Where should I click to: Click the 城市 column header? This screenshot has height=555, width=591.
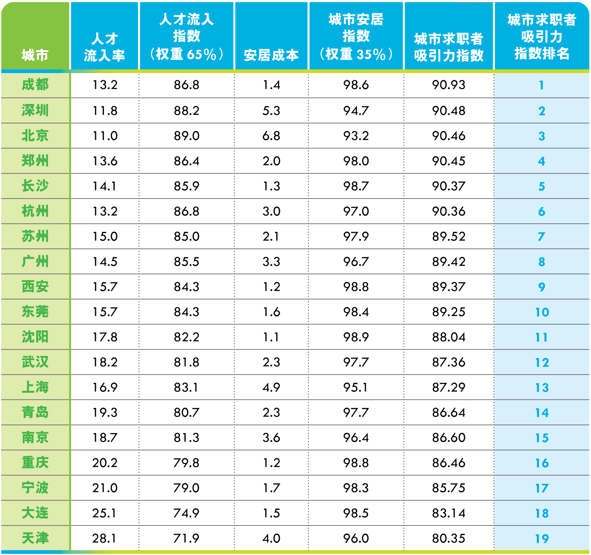(x=35, y=55)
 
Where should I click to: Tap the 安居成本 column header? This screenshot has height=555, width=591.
(x=271, y=55)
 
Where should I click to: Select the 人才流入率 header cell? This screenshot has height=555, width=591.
(x=104, y=47)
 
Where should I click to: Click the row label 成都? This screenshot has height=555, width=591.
(x=35, y=85)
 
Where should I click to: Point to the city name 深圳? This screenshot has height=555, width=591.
(x=35, y=110)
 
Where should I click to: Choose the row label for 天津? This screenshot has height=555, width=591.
(x=35, y=538)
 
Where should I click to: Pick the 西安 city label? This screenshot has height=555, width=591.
(x=35, y=286)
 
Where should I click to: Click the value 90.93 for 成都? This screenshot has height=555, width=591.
(x=448, y=85)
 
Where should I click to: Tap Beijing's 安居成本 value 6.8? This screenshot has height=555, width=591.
(x=271, y=136)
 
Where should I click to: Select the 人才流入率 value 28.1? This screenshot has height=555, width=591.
(x=104, y=538)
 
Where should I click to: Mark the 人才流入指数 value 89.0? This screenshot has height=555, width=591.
(x=187, y=136)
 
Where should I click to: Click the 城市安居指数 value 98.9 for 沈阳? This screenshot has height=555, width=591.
(x=356, y=337)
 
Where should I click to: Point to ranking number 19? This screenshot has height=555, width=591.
(x=542, y=538)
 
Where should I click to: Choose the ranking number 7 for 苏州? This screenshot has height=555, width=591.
(x=542, y=236)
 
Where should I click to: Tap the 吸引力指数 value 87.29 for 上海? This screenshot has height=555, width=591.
(x=448, y=387)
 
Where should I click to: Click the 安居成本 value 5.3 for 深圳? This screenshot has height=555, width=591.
(x=271, y=110)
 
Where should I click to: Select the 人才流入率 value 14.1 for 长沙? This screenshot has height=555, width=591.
(x=104, y=186)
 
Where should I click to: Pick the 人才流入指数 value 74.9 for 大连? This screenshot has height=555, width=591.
(x=187, y=513)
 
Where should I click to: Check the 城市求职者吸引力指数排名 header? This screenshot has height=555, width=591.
(x=542, y=37)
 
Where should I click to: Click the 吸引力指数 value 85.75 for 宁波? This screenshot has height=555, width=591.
(x=448, y=488)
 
